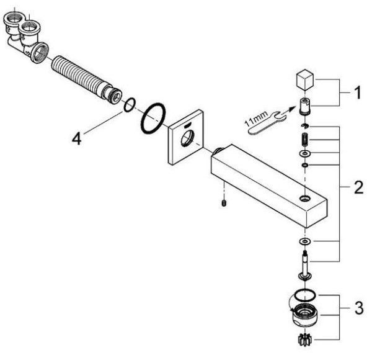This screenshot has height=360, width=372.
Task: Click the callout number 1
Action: point(357,92)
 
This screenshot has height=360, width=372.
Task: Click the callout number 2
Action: point(359,187)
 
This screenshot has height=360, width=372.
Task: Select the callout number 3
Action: point(359,308)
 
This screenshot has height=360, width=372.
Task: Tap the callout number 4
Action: point(77,138)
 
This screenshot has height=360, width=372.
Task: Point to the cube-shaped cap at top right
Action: point(305,80)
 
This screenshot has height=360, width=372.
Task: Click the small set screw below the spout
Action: point(224,203)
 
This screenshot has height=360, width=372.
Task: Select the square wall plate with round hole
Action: point(186,137)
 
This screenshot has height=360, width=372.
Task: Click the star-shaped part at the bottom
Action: point(304,340)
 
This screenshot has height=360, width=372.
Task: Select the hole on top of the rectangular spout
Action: point(304,198)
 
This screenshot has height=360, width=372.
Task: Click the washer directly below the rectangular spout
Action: point(305,241)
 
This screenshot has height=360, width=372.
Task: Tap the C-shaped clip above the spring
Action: point(304,126)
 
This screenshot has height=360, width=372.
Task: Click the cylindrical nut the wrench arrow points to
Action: point(305,107)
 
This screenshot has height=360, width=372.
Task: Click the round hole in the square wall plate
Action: point(187,138)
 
